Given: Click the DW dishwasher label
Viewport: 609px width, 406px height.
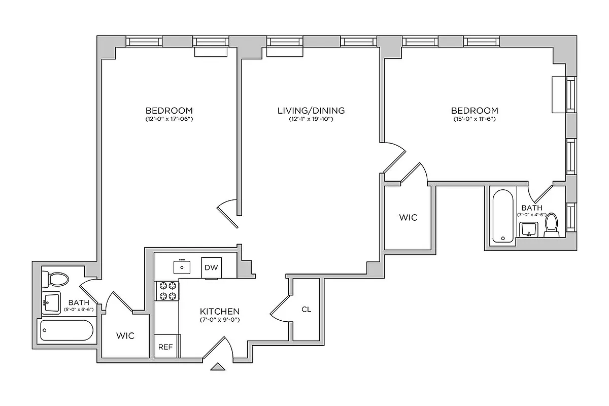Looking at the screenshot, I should pyautogui.click(x=211, y=268).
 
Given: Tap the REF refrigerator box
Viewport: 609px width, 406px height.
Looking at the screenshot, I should pyautogui.click(x=164, y=347).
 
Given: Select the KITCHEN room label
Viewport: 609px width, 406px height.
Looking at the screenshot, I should pyautogui.click(x=219, y=311).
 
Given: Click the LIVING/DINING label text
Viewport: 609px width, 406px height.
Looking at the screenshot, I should pyautogui.click(x=311, y=110).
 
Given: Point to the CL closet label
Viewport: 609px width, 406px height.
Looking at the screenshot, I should pyautogui.click(x=306, y=309).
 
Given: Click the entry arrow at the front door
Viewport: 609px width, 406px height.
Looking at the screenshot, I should pyautogui.click(x=218, y=366).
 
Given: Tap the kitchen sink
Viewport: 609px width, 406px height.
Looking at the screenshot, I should pyautogui.click(x=182, y=266).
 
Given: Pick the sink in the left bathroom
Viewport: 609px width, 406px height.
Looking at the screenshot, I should pyautogui.click(x=50, y=303).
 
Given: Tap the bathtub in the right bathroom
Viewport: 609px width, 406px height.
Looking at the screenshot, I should pyautogui.click(x=503, y=217).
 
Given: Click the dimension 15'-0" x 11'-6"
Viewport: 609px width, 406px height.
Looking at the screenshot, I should pyautogui.click(x=475, y=120).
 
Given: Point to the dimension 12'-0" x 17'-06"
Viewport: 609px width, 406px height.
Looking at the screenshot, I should pyautogui.click(x=169, y=120).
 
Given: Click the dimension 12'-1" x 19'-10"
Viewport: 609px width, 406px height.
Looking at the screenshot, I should pyautogui.click(x=311, y=120).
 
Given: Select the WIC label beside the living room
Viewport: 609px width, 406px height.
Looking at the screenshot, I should pyautogui.click(x=408, y=218).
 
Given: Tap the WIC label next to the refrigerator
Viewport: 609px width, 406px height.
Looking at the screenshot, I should pyautogui.click(x=125, y=336).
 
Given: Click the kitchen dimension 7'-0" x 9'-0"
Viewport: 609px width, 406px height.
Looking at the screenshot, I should pyautogui.click(x=219, y=320).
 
